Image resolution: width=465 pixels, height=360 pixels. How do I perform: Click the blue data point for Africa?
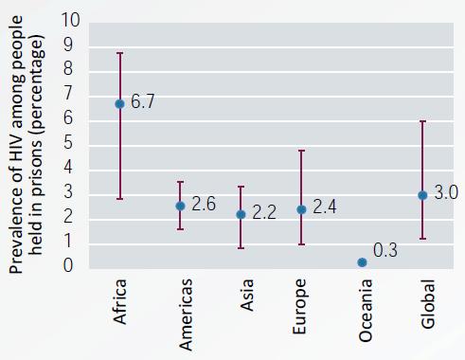pyautogui.click(x=119, y=104)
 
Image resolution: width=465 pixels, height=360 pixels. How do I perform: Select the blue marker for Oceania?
pyautogui.click(x=362, y=262)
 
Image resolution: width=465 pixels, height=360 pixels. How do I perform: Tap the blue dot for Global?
pyautogui.click(x=422, y=195)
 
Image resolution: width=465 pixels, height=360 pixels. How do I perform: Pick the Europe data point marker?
pyautogui.click(x=301, y=209)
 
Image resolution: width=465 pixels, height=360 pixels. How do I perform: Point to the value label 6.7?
pyautogui.click(x=142, y=101)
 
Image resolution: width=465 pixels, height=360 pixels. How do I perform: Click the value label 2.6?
pyautogui.click(x=204, y=204)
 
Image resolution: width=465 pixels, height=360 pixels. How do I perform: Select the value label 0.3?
pyautogui.click(x=385, y=250)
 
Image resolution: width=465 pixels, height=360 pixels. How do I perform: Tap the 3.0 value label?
pyautogui.click(x=446, y=192)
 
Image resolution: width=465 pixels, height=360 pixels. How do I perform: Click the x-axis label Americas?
pyautogui.click(x=186, y=315)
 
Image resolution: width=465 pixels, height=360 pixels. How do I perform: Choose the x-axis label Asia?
pyautogui.click(x=246, y=295)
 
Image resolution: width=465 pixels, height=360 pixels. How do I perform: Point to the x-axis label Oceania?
pyautogui.click(x=366, y=311)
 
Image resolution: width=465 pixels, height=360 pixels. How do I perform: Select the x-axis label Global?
pyautogui.click(x=428, y=304)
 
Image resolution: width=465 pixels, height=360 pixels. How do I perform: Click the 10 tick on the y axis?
pyautogui.click(x=71, y=20)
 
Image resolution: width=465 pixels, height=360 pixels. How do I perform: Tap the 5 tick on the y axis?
pyautogui.click(x=68, y=142)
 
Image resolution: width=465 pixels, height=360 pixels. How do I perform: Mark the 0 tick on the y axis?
pyautogui.click(x=68, y=265)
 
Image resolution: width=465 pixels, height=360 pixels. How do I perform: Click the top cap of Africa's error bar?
pyautogui.click(x=119, y=53)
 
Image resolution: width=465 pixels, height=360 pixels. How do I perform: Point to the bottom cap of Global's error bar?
pyautogui.click(x=422, y=239)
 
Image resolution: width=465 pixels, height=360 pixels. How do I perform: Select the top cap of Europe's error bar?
pyautogui.click(x=301, y=151)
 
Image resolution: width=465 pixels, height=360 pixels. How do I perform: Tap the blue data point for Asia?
pyautogui.click(x=241, y=214)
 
